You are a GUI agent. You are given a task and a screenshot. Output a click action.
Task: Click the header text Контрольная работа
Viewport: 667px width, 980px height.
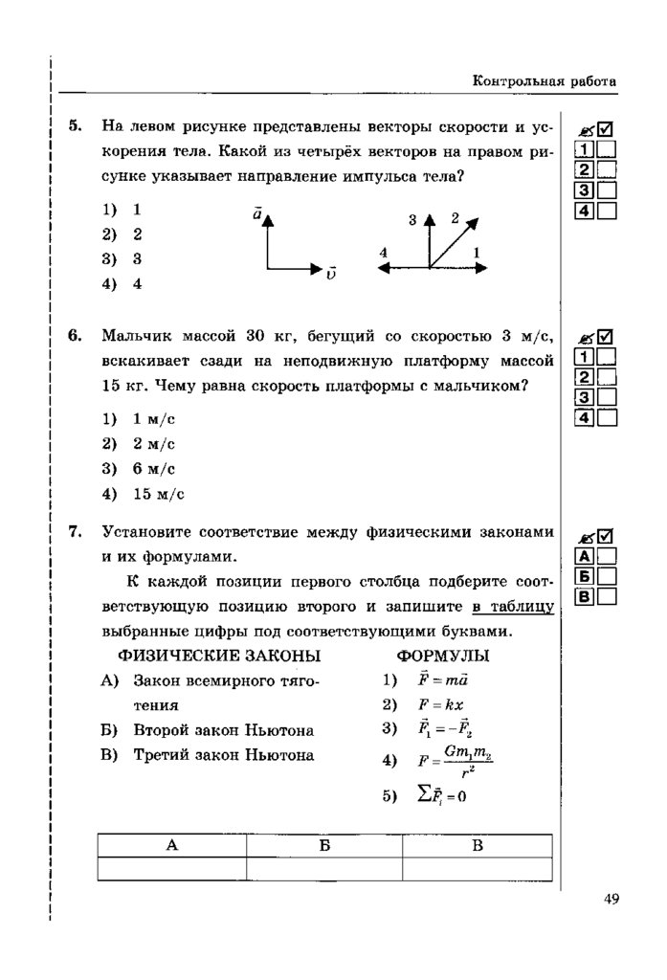point(545,82)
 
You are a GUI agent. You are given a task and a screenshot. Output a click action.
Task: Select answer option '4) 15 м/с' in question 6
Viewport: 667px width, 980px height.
point(144,494)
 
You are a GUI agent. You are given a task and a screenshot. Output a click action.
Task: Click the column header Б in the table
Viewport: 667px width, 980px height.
point(324,845)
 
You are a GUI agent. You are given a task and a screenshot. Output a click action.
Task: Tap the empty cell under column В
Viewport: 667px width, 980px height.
point(478,867)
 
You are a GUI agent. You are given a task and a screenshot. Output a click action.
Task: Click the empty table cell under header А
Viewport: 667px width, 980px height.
point(171,867)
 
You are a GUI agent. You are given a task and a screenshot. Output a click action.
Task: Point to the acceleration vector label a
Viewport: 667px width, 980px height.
point(257,215)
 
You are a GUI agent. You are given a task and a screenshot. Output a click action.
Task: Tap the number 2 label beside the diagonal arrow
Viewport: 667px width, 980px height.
point(456,217)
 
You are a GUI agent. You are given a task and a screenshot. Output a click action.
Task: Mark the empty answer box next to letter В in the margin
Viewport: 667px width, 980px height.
point(607,597)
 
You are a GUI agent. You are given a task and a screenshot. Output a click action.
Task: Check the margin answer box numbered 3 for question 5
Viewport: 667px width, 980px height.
point(607,190)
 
